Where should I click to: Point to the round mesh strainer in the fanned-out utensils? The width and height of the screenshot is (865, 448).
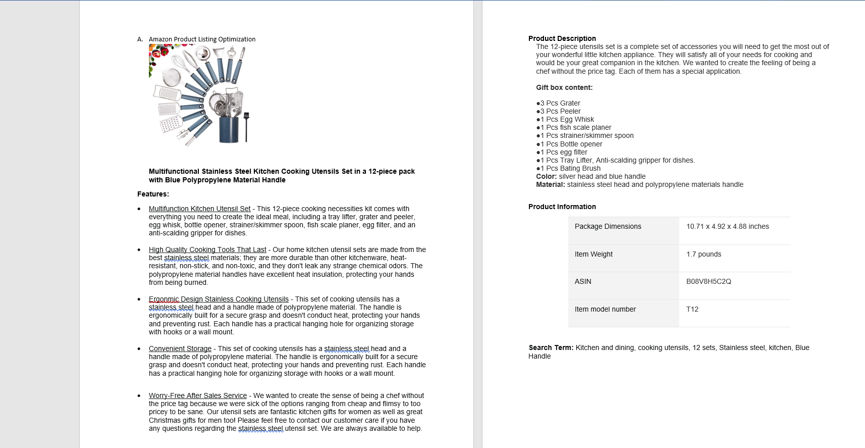(172, 78)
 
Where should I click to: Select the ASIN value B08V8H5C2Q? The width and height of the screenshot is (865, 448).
(709, 282)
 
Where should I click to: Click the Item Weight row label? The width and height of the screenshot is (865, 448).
(593, 255)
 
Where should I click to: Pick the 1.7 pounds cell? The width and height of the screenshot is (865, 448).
(704, 255)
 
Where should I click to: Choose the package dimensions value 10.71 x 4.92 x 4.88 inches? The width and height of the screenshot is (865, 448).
(727, 227)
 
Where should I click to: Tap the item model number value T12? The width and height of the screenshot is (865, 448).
(692, 310)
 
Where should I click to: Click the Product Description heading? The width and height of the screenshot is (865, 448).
(562, 38)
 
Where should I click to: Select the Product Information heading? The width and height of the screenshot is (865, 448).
(562, 207)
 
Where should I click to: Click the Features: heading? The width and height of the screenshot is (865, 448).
(153, 194)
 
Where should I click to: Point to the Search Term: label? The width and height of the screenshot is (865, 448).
(551, 347)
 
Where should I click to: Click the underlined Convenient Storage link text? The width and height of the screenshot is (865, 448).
(180, 349)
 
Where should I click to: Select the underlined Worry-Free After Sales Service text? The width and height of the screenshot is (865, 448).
(198, 395)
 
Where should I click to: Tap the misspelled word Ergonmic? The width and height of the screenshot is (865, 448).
(164, 299)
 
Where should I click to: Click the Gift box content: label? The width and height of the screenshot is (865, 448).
(564, 87)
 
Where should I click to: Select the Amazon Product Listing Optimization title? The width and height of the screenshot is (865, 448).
(202, 39)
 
